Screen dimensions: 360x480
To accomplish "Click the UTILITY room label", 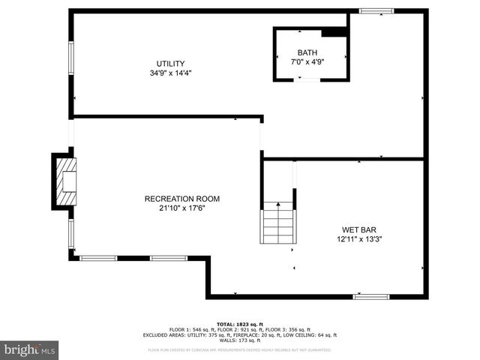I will [x=170, y=63].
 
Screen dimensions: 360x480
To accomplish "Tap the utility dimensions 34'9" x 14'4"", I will [x=170, y=73].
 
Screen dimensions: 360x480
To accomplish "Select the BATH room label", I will [x=307, y=52].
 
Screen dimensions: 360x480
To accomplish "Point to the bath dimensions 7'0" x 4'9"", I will [x=307, y=61].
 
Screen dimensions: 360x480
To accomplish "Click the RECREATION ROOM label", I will [x=182, y=199].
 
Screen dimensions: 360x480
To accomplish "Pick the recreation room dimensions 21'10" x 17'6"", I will [x=182, y=208].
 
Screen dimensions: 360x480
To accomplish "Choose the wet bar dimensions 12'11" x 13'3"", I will [x=360, y=240].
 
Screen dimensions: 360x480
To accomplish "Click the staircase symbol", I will [x=277, y=223].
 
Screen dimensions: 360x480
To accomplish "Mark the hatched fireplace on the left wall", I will [x=65, y=181].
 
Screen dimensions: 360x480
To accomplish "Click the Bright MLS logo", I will [x=30, y=349].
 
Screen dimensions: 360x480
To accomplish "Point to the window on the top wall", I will [x=376, y=10].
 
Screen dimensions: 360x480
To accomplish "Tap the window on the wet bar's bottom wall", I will [x=371, y=297].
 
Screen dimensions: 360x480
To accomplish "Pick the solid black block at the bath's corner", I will [x=334, y=31].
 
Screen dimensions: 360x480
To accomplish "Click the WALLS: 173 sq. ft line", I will [x=240, y=340].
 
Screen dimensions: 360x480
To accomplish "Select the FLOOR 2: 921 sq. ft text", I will [x=226, y=328].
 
